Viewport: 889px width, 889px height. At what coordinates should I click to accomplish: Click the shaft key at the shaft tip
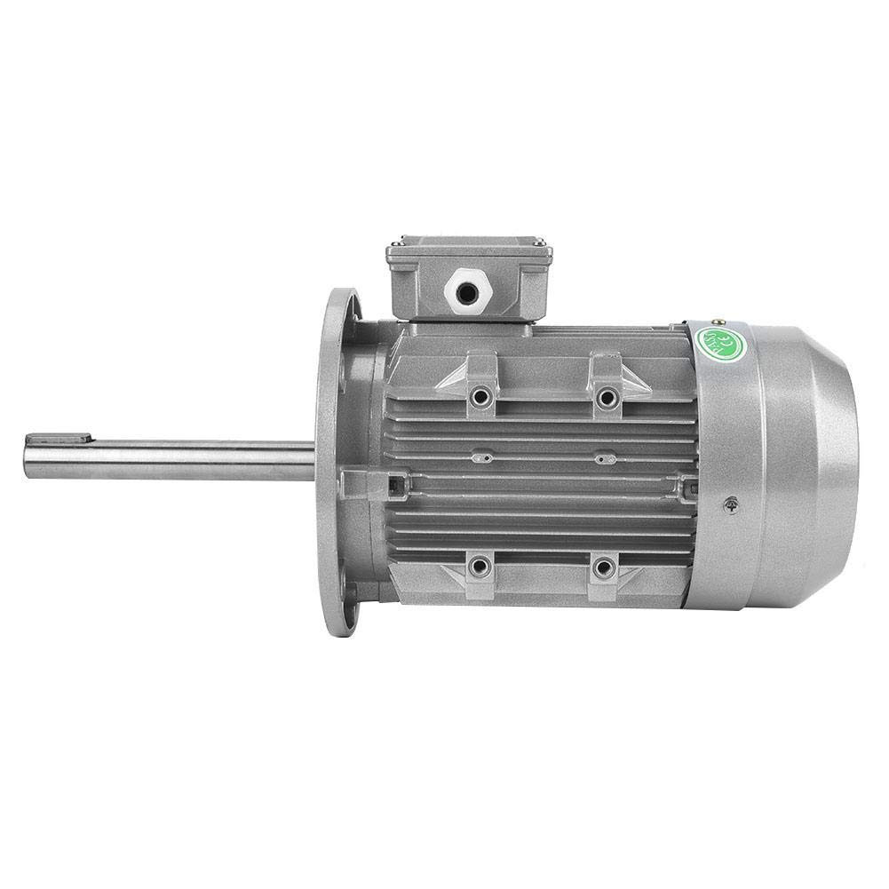click(x=59, y=438)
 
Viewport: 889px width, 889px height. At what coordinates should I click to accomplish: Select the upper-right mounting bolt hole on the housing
click(x=607, y=396)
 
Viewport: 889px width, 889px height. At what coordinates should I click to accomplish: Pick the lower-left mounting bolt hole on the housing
click(x=480, y=565)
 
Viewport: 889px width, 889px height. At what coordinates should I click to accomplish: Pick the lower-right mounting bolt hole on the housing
click(x=604, y=566)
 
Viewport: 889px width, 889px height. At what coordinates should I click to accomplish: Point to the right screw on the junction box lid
click(x=537, y=240)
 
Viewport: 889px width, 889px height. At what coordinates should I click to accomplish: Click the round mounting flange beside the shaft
click(x=337, y=462)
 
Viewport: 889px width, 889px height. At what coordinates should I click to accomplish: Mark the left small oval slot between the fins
click(x=482, y=458)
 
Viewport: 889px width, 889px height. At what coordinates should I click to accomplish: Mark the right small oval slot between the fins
click(x=605, y=459)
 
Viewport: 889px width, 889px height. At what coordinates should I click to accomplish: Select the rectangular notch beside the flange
click(x=392, y=483)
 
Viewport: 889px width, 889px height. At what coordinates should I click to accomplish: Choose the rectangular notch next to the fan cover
click(x=687, y=487)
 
